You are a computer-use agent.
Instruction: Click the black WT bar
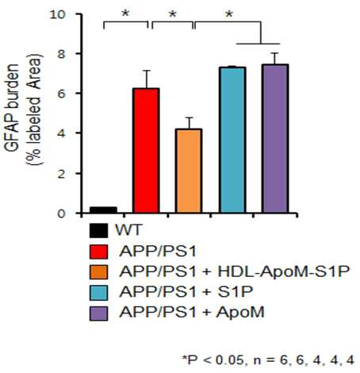(x=103, y=210)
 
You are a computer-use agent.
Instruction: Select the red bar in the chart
(x=146, y=151)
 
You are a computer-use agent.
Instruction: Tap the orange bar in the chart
(x=189, y=171)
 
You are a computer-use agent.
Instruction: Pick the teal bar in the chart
(x=232, y=140)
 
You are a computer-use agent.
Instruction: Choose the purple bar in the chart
(x=275, y=138)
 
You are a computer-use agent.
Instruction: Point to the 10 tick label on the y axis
(x=57, y=14)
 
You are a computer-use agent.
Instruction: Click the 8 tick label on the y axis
(x=61, y=54)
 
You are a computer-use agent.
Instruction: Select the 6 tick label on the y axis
(x=61, y=94)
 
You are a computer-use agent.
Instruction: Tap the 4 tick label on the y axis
(x=61, y=133)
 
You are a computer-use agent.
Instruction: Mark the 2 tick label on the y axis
(x=61, y=174)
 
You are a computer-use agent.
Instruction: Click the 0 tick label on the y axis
(x=61, y=213)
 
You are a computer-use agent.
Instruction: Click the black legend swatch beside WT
(x=98, y=231)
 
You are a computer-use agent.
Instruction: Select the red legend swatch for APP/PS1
(x=98, y=252)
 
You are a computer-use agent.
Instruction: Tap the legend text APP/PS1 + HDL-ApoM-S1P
(x=235, y=271)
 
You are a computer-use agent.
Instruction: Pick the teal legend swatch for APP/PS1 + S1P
(x=98, y=293)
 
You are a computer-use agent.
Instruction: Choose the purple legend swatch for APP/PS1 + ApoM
(x=98, y=313)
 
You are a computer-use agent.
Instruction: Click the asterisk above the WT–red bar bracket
(x=125, y=13)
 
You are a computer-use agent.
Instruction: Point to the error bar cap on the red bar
(x=147, y=71)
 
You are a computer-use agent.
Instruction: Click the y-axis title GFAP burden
(x=12, y=108)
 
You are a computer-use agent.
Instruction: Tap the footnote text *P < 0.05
(x=213, y=360)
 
